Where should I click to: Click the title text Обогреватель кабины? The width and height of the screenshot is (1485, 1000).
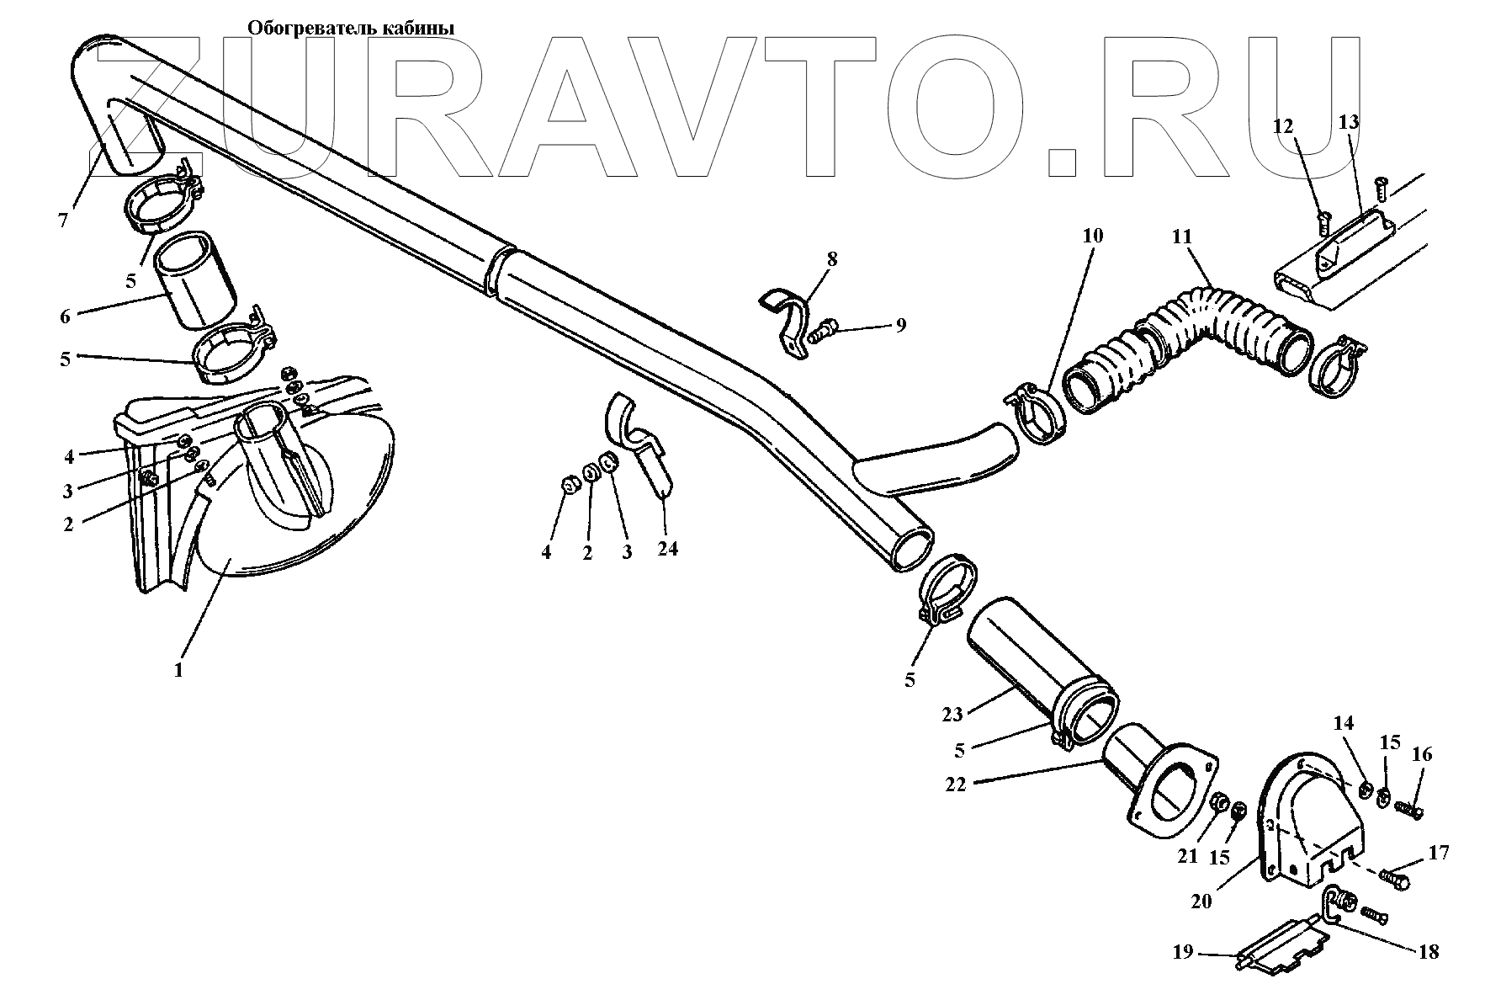click(350, 29)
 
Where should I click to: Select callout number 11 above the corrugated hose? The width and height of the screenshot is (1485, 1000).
click(1182, 237)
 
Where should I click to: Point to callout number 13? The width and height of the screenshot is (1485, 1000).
click(1348, 122)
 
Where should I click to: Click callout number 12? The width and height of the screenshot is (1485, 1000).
click(1282, 126)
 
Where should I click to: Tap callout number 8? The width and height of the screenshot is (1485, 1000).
click(832, 258)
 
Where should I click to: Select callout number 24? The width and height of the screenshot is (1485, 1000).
click(667, 549)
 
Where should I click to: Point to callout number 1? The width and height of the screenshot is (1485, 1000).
click(178, 671)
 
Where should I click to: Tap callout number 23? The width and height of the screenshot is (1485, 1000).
click(952, 715)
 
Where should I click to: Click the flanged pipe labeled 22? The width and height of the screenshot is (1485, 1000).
click(1161, 783)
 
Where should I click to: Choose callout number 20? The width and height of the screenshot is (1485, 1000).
click(1201, 901)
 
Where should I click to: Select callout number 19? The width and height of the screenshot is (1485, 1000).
click(1182, 952)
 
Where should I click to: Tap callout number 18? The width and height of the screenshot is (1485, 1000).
click(1428, 952)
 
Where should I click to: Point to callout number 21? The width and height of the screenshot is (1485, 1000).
click(1186, 856)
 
